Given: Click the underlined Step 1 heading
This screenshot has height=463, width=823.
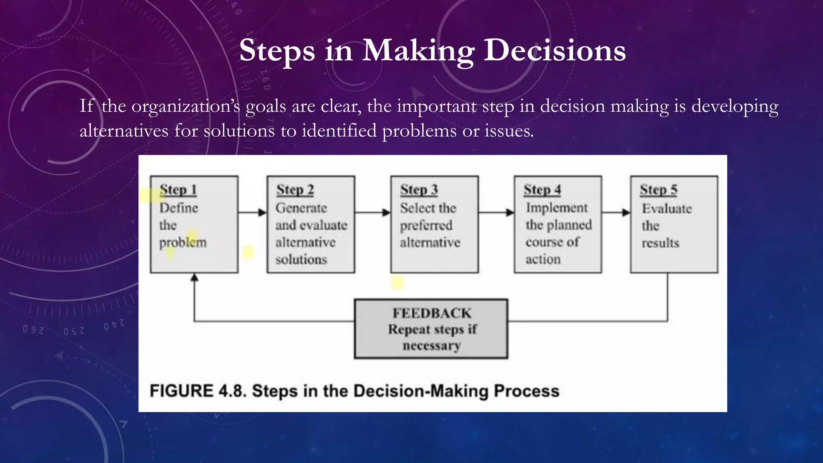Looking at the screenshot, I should click(178, 190).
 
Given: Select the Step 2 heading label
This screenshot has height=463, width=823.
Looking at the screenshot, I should click(295, 190).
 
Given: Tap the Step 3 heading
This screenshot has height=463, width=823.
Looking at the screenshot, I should click(419, 190).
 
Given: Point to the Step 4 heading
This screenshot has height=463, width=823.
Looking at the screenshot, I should click(542, 190).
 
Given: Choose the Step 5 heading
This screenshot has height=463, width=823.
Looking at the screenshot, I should click(658, 190).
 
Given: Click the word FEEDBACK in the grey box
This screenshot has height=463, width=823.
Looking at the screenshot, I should click(432, 313).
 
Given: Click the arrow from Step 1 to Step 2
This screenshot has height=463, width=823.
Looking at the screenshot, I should click(252, 212).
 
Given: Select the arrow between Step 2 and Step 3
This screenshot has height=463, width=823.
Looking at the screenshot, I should click(373, 212).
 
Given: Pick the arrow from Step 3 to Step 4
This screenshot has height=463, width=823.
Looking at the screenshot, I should click(496, 212).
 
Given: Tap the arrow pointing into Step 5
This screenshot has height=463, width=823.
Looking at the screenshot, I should click(616, 212).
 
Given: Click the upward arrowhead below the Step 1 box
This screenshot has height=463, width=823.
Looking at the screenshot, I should click(194, 277).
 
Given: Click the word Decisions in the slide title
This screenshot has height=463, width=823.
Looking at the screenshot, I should click(554, 51).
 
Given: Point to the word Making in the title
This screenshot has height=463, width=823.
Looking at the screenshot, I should click(418, 51).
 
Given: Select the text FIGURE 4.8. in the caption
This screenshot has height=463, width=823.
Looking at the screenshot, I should click(197, 391).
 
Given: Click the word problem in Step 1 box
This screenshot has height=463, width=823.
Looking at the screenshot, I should click(183, 242).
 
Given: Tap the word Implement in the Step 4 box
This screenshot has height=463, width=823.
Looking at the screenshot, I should click(557, 208).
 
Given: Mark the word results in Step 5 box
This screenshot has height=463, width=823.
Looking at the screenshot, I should click(660, 243).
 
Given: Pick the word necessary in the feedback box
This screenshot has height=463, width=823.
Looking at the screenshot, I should click(432, 346).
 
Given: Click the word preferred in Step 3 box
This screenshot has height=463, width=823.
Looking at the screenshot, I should click(426, 225).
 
